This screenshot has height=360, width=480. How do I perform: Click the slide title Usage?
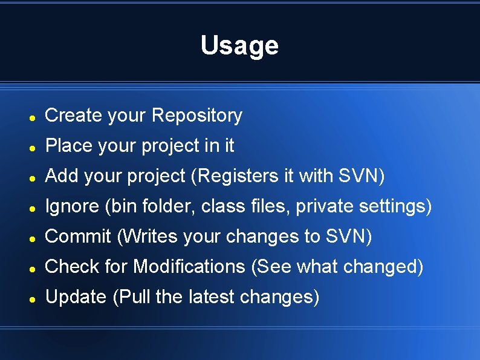239,45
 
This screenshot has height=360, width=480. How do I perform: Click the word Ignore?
72,206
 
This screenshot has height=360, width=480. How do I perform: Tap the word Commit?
78,237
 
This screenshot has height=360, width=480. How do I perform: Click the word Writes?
149,237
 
